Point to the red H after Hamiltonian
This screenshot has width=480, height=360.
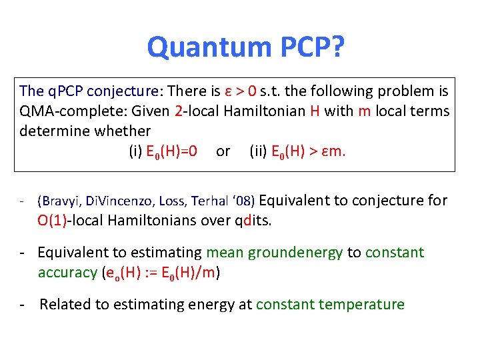pyautogui.click(x=315, y=111)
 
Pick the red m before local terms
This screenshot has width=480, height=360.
pyautogui.click(x=364, y=111)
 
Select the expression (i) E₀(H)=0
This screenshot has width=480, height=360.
pyautogui.click(x=163, y=151)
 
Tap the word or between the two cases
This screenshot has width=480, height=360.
pyautogui.click(x=223, y=151)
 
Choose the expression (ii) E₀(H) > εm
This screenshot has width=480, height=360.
pyautogui.click(x=297, y=151)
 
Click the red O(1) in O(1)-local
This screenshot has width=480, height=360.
pyautogui.click(x=51, y=221)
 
